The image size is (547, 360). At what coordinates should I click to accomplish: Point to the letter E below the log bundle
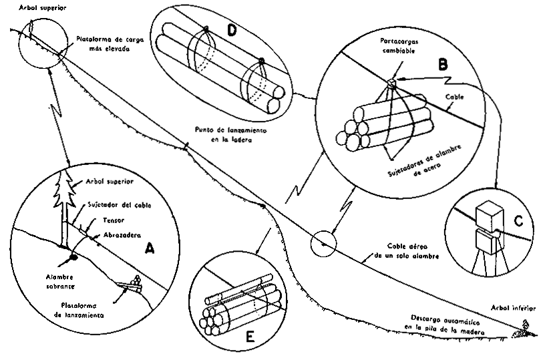click(x=249, y=337)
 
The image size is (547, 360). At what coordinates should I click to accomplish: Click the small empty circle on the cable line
click(x=323, y=242)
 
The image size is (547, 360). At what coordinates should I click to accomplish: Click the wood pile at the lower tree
click(x=522, y=330)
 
